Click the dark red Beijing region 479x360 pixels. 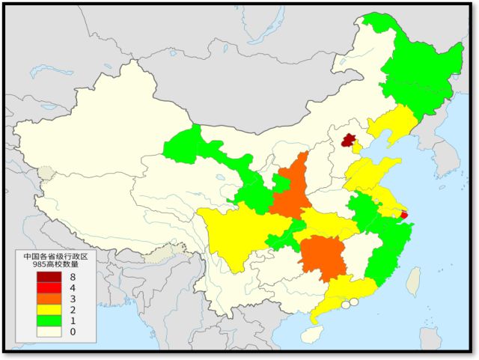tap(347, 139)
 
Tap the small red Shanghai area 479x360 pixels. tap(404, 215)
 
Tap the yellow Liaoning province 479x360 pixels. tap(390, 127)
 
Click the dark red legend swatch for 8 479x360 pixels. tap(47, 277)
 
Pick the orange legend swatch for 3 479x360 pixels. tap(47, 299)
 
